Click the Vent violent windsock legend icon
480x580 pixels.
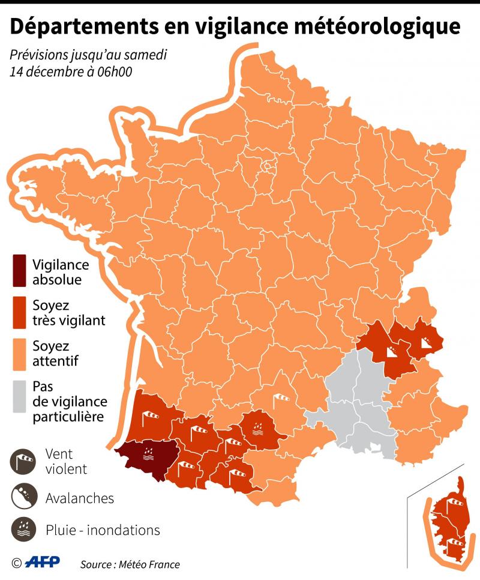(22, 461)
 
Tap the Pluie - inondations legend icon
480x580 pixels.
(22, 530)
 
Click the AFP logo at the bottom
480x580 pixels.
(43, 563)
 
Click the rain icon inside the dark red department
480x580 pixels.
(146, 455)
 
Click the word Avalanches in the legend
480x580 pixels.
(80, 498)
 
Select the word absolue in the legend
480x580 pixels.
(58, 279)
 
